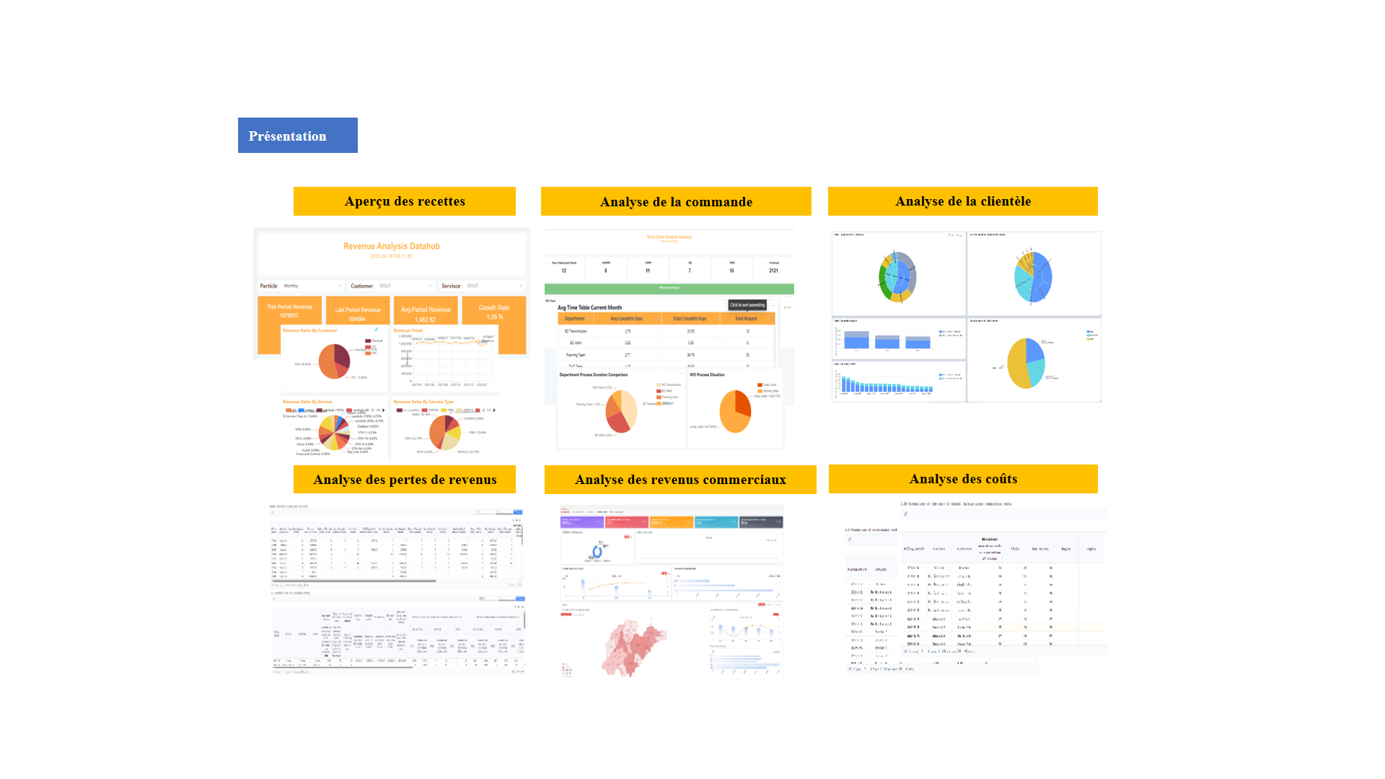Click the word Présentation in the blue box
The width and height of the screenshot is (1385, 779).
click(x=287, y=136)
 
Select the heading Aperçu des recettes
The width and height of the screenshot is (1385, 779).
click(x=405, y=201)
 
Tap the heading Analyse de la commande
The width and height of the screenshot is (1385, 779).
click(x=676, y=202)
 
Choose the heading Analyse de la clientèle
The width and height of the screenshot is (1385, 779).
click(x=963, y=201)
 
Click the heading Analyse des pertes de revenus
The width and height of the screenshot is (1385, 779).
click(x=405, y=480)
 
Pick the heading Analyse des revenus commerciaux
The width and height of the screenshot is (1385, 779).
click(x=680, y=480)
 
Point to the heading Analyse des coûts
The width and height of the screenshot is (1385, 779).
click(x=963, y=479)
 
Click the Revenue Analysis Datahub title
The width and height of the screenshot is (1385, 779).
click(x=392, y=246)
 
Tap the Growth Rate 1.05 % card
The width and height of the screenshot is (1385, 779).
click(x=494, y=312)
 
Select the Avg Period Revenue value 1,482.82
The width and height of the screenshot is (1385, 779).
click(x=426, y=320)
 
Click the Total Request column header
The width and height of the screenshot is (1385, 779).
click(x=746, y=318)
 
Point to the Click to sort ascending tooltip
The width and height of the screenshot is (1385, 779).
click(x=747, y=305)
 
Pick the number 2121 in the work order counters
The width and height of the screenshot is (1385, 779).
click(x=773, y=270)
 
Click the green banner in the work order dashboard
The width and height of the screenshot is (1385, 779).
click(x=669, y=289)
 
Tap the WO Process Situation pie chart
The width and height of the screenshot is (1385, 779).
click(x=735, y=411)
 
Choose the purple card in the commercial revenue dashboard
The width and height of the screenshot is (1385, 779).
click(x=581, y=521)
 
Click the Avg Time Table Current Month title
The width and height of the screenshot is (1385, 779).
click(x=589, y=307)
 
